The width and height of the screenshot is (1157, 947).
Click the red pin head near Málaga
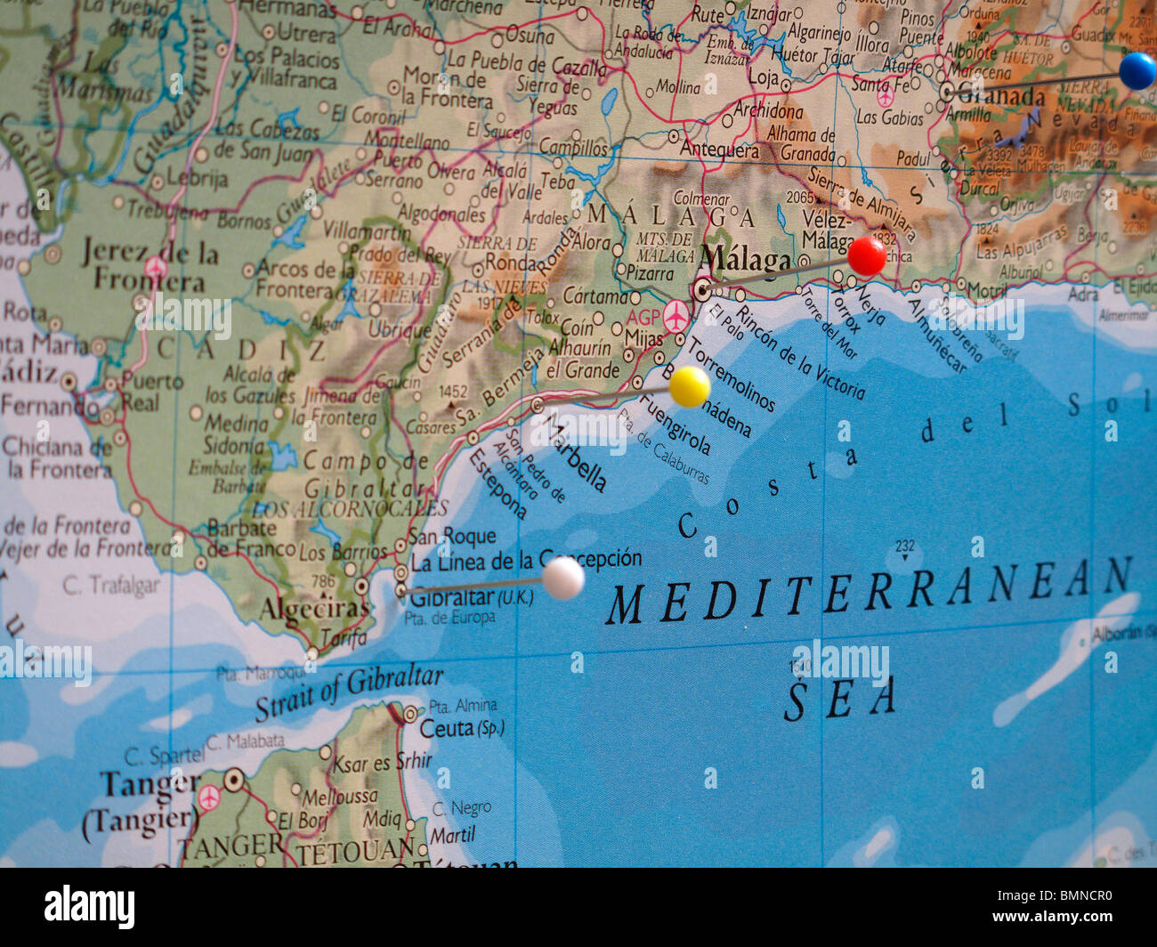pyautogui.click(x=866, y=256)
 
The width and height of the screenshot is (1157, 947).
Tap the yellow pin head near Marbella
pyautogui.click(x=689, y=386)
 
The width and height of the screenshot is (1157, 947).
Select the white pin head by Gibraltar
pyautogui.click(x=562, y=578)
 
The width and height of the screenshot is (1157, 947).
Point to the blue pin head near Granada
pyautogui.click(x=1137, y=70)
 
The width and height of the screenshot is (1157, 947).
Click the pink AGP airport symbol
pyautogui.click(x=676, y=316)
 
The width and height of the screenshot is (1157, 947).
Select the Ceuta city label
pyautogui.click(x=447, y=728)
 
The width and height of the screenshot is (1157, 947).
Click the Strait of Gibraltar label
pyautogui.click(x=349, y=692)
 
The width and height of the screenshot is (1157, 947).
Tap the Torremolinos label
pyautogui.click(x=730, y=374)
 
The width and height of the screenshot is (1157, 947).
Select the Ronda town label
pyautogui.click(x=512, y=263)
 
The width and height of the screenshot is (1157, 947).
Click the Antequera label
pyautogui.click(x=718, y=149)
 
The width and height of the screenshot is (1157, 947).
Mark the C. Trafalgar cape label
pyautogui.click(x=111, y=585)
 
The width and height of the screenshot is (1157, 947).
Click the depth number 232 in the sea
pyautogui.click(x=904, y=546)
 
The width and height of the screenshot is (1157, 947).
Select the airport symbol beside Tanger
pyautogui.click(x=209, y=797)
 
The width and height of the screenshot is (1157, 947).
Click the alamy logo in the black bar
pyautogui.click(x=90, y=907)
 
